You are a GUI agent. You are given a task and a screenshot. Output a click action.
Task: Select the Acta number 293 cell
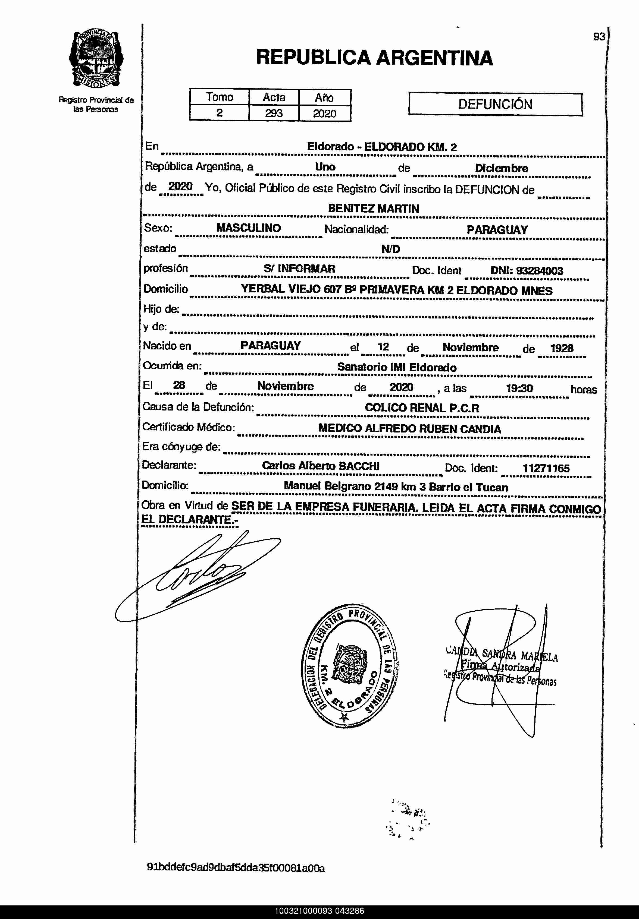[x=274, y=113]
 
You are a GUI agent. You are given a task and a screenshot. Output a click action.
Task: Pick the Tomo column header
[x=220, y=97]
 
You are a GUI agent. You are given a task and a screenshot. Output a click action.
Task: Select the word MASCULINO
[x=249, y=228]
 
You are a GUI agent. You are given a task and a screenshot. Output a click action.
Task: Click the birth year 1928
[x=562, y=348]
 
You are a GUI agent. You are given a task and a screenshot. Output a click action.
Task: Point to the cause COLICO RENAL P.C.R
[x=422, y=408]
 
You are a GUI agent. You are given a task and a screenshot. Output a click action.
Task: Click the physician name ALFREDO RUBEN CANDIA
[x=433, y=429]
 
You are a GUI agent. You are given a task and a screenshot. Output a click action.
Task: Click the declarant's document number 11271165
[x=546, y=468]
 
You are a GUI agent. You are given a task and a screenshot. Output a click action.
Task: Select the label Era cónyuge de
[x=181, y=447]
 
